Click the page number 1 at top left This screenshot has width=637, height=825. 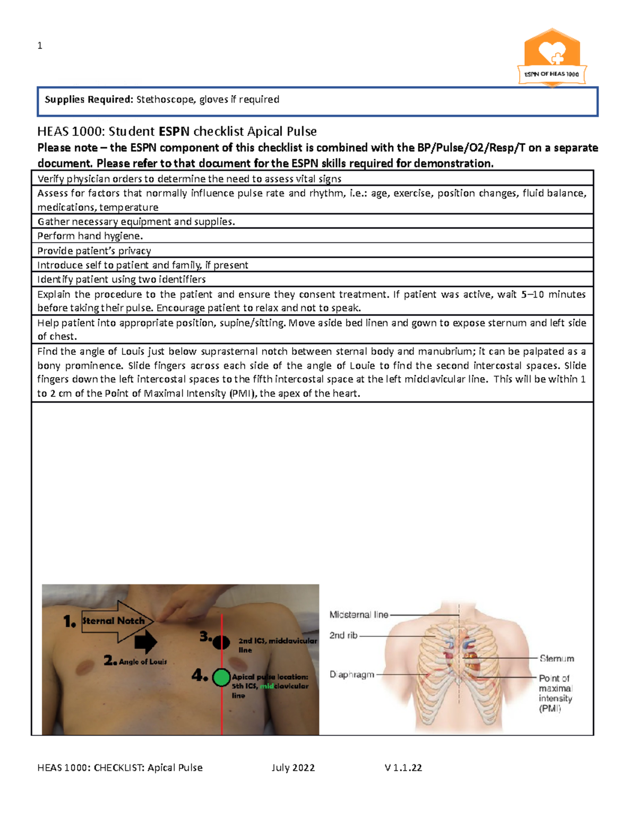pyautogui.click(x=40, y=46)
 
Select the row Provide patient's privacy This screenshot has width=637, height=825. pyautogui.click(x=94, y=251)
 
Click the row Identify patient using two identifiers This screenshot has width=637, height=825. pyautogui.click(x=122, y=279)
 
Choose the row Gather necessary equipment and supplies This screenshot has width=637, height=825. pyautogui.click(x=136, y=222)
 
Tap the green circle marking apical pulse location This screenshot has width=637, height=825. pyautogui.click(x=221, y=677)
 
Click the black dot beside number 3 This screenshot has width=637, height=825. pyautogui.click(x=221, y=642)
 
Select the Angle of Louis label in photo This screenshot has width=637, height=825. pyautogui.click(x=142, y=662)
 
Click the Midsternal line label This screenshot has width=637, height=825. pyautogui.click(x=359, y=615)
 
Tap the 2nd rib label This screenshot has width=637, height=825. pyautogui.click(x=343, y=635)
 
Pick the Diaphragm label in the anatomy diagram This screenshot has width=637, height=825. pyautogui.click(x=352, y=675)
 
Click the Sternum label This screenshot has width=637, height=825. pyautogui.click(x=557, y=659)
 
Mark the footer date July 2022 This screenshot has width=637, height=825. pyautogui.click(x=293, y=768)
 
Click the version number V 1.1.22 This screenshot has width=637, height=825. pyautogui.click(x=403, y=768)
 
